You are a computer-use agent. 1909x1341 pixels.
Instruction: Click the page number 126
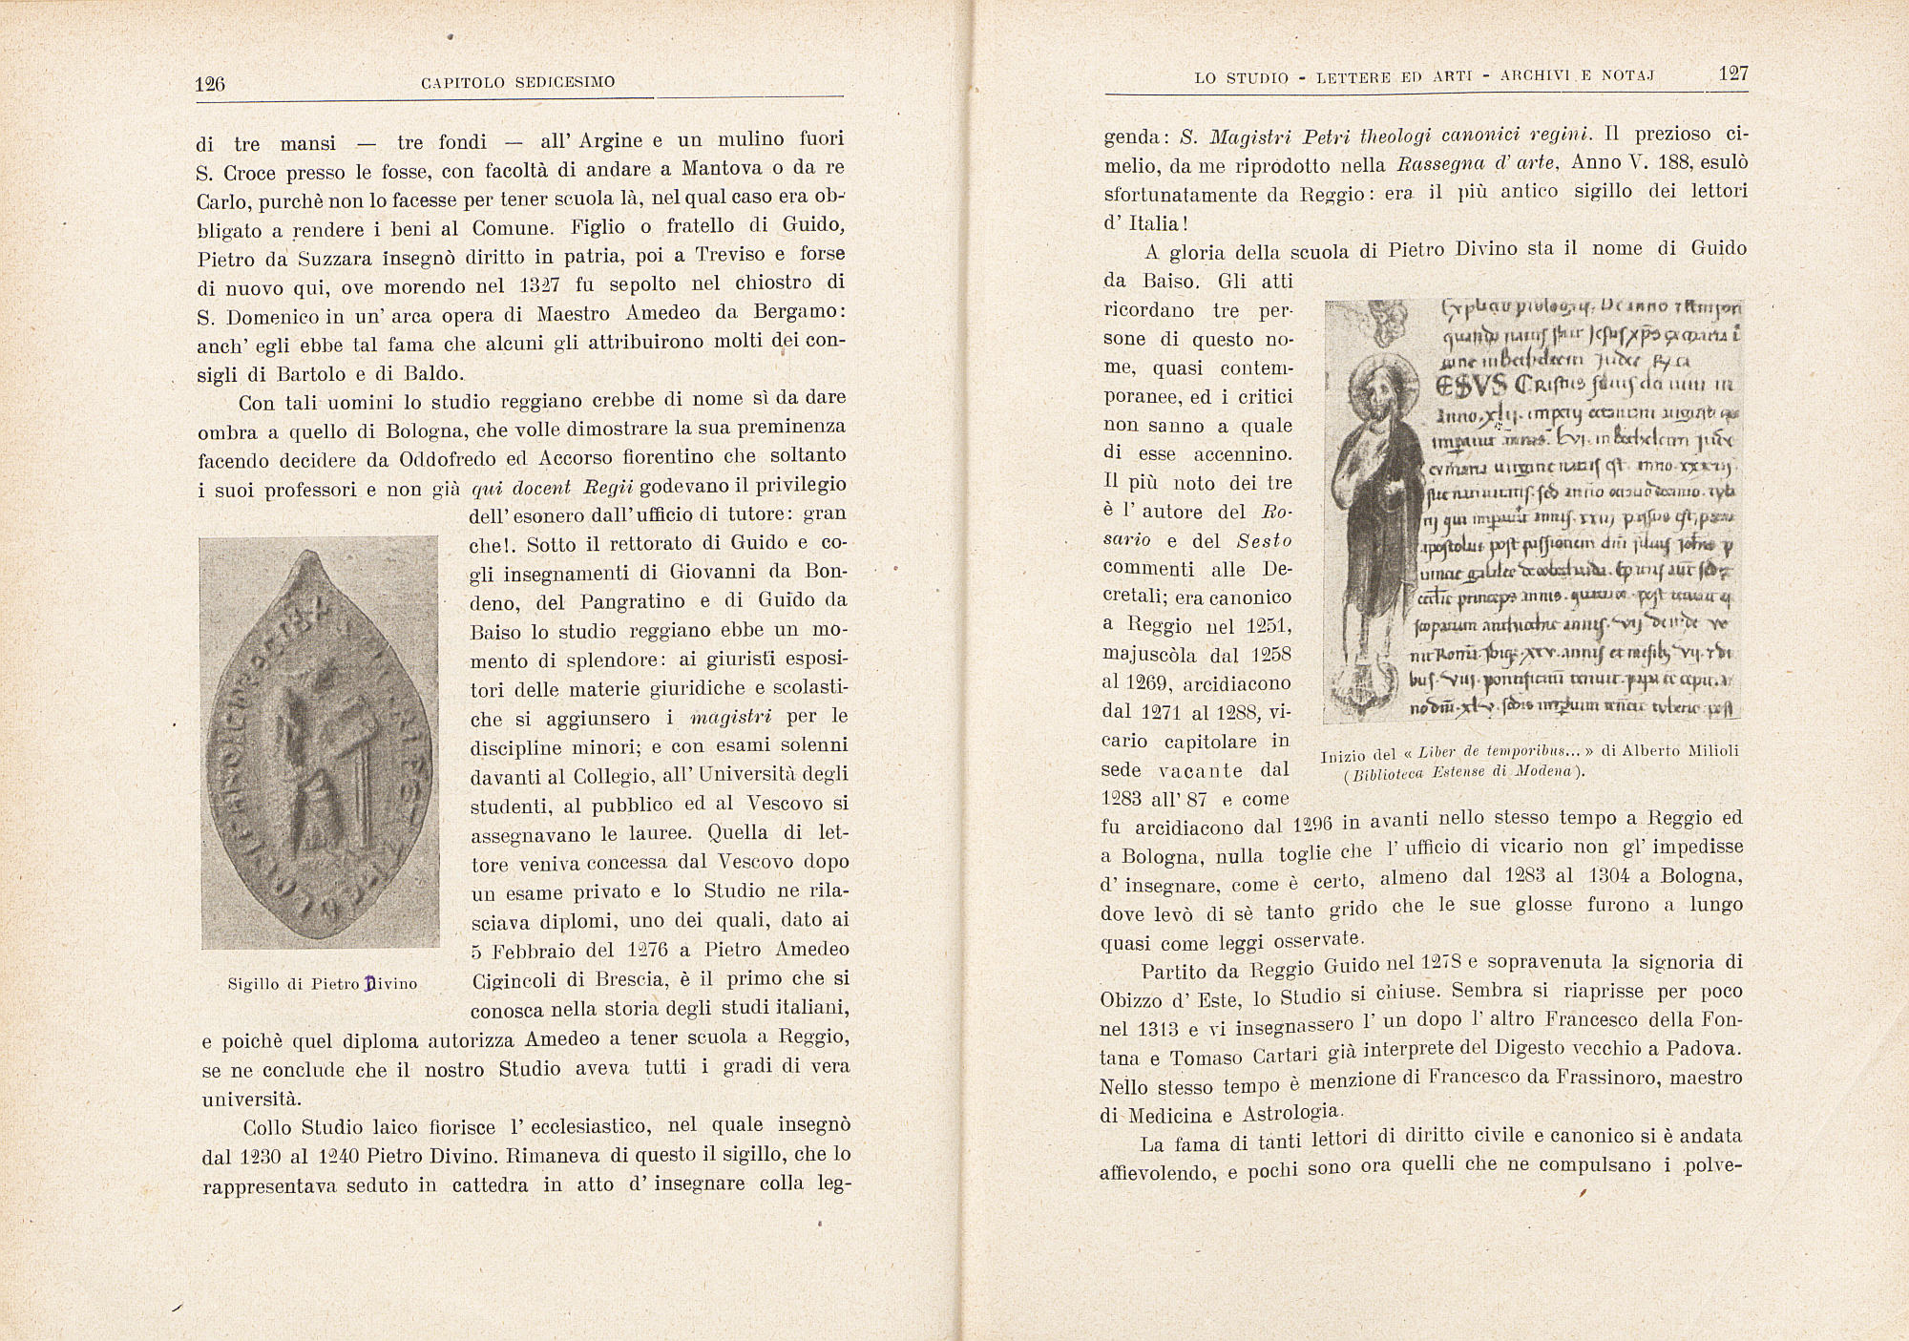tap(209, 84)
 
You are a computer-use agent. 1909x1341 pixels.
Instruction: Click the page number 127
tap(1731, 74)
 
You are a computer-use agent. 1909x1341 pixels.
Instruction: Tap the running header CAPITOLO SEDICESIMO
tap(517, 83)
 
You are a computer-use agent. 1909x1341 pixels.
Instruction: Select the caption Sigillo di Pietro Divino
tap(323, 983)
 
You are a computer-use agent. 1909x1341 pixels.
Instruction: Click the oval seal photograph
tap(319, 743)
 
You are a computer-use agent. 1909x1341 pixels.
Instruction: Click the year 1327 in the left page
tap(535, 284)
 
